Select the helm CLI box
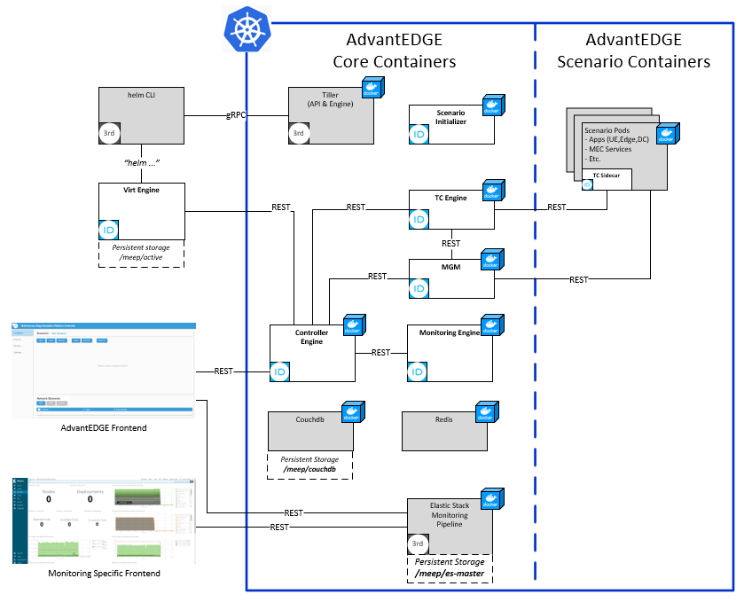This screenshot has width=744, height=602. pyautogui.click(x=140, y=115)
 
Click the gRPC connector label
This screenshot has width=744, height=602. pyautogui.click(x=235, y=115)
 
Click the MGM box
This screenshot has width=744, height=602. pyautogui.click(x=450, y=278)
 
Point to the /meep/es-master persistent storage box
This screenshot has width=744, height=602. pyautogui.click(x=450, y=568)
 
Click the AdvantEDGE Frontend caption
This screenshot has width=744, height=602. pyautogui.click(x=104, y=428)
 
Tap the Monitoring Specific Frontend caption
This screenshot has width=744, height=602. pyautogui.click(x=104, y=574)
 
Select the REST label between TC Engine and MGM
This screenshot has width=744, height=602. pyautogui.click(x=450, y=243)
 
